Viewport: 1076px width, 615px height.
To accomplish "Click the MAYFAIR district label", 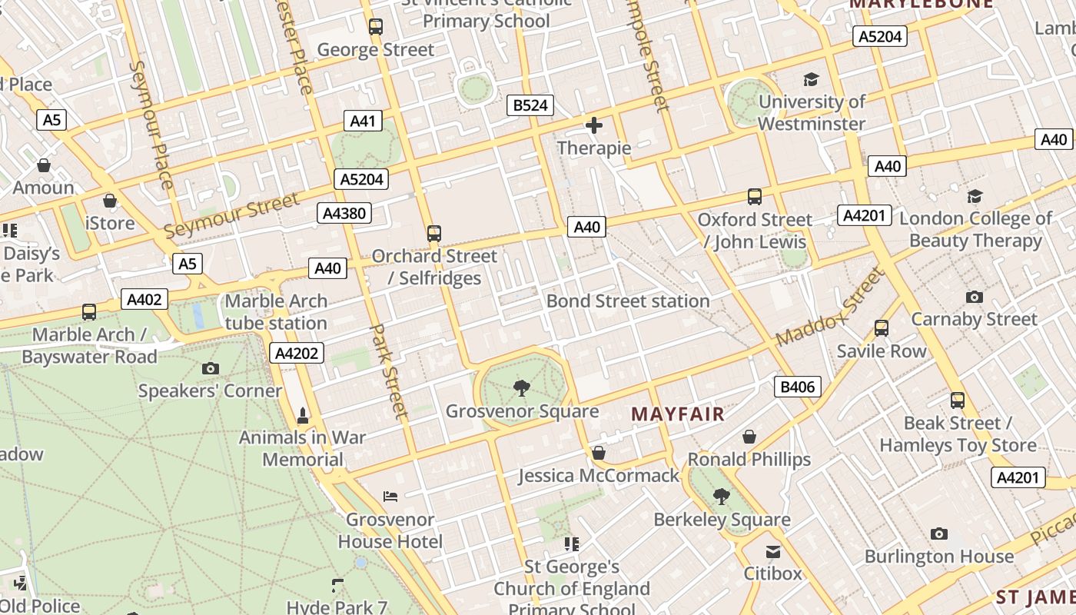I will (x=678, y=414).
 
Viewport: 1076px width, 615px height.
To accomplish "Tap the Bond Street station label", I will (x=628, y=301).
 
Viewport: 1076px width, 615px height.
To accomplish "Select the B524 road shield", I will (x=530, y=105).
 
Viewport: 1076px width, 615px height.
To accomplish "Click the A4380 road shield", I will (x=344, y=213).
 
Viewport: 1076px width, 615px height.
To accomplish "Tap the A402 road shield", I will (x=144, y=299).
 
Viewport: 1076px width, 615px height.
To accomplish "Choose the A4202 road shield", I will (x=297, y=353).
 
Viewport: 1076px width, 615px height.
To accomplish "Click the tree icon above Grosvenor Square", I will (x=522, y=388).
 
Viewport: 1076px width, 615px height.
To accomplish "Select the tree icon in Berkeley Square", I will (x=721, y=497).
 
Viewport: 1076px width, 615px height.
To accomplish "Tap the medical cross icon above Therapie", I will (x=593, y=125).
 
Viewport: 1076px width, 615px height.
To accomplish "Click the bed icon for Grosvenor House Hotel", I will (x=390, y=497).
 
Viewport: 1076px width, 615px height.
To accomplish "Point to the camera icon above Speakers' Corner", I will (x=210, y=369).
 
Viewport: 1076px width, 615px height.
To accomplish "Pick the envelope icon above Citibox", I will (x=772, y=551).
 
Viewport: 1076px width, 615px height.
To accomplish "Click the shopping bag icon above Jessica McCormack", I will (x=598, y=453).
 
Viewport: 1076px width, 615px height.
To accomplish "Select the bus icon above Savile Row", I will (x=881, y=328).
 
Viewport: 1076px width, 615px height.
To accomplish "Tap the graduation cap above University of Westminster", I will (x=811, y=79).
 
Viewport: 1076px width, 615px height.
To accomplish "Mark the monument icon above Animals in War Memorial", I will (x=303, y=416).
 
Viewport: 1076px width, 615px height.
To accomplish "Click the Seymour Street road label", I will (x=231, y=215).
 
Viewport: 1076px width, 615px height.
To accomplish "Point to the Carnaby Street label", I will (x=974, y=319).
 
